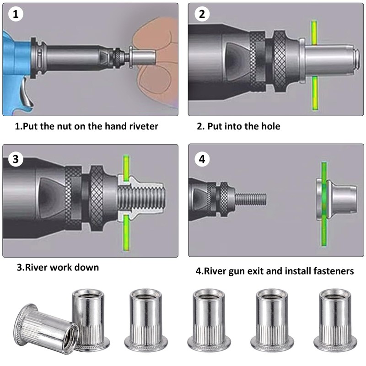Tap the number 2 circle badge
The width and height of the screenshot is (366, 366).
(202, 15)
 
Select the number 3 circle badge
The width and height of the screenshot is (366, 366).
(16, 159)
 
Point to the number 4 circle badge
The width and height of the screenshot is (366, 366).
(202, 159)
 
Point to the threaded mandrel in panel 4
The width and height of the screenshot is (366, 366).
(249, 199)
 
